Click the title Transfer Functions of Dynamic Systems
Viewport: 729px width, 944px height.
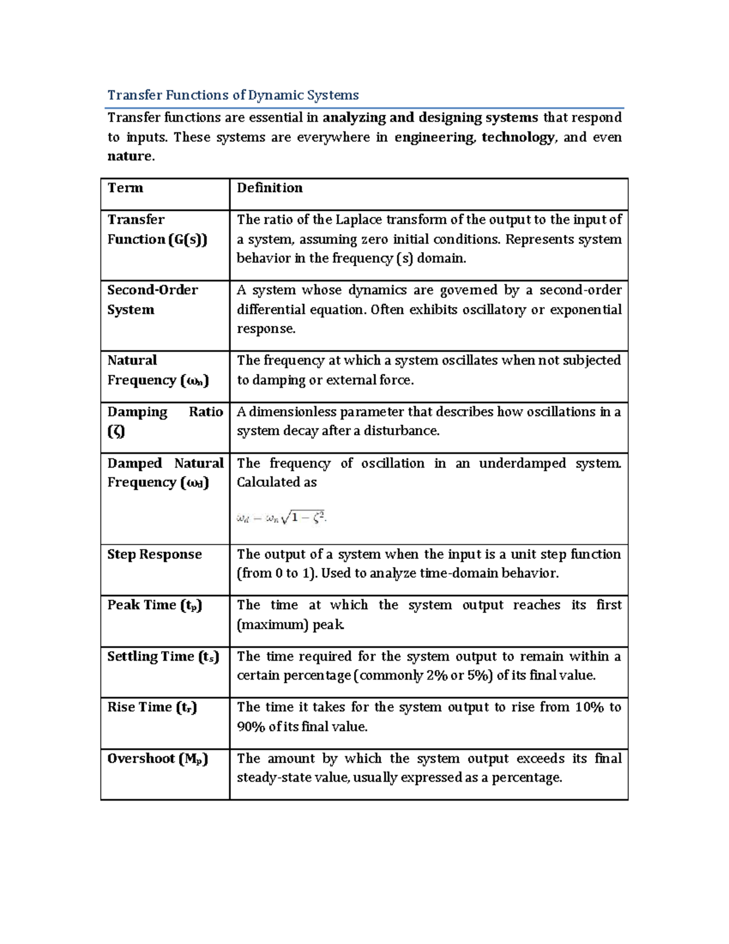(233, 95)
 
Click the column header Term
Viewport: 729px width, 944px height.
(125, 188)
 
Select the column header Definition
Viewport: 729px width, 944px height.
(269, 188)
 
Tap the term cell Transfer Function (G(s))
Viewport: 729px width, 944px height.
(157, 230)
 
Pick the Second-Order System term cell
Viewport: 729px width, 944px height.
(152, 300)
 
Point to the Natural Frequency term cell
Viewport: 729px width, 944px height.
(157, 370)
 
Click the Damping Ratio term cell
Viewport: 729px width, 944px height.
(165, 421)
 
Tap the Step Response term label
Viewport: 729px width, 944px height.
(154, 554)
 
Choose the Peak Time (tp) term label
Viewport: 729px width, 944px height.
(154, 605)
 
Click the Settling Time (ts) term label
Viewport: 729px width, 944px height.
(163, 656)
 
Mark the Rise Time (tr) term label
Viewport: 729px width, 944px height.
(152, 708)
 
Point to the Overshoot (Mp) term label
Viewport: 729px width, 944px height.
(157, 759)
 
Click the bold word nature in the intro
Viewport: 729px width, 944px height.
(129, 156)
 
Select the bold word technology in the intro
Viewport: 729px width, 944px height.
(518, 137)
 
